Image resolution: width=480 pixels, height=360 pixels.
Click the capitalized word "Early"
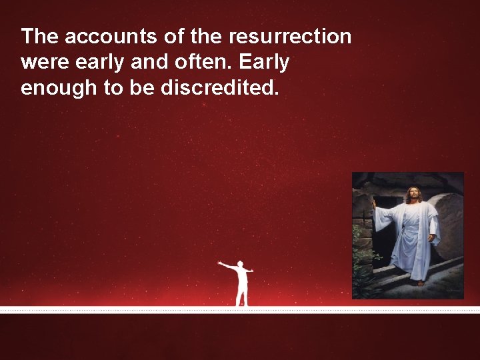tap(264, 62)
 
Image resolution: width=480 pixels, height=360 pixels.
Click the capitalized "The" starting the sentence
tap(40, 36)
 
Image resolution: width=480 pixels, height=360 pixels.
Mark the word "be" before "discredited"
tap(142, 88)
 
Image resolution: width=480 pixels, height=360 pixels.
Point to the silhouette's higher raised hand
tap(220, 263)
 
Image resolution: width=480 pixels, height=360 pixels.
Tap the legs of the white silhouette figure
tap(242, 296)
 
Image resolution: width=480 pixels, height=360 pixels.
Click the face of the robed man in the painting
tap(413, 197)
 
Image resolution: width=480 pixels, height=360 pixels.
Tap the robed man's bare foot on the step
tap(420, 283)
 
